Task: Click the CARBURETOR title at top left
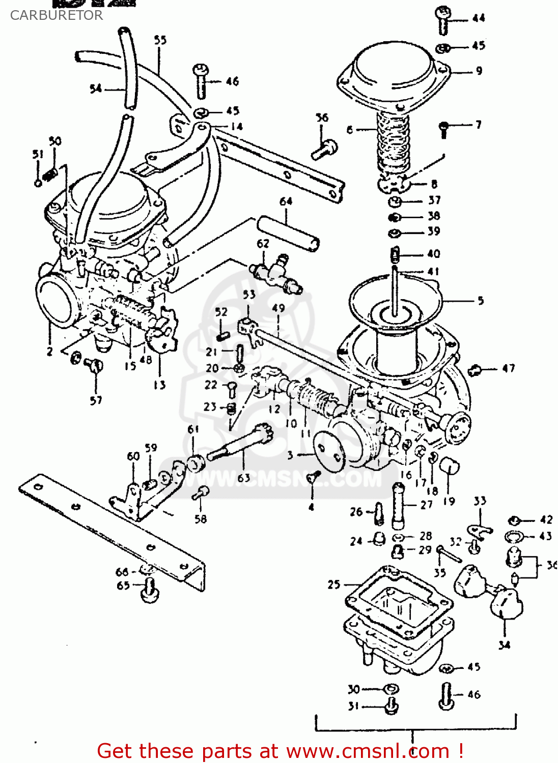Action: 56,15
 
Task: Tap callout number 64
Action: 286,201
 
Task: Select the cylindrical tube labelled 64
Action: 288,233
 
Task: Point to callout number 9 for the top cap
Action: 479,71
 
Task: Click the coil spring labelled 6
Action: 393,140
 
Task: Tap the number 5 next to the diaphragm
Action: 480,301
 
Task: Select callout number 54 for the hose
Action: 96,89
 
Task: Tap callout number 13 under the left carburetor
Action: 159,385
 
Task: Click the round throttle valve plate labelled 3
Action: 329,450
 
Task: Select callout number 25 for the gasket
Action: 333,584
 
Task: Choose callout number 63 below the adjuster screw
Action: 244,478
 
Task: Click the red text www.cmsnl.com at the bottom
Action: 367,751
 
